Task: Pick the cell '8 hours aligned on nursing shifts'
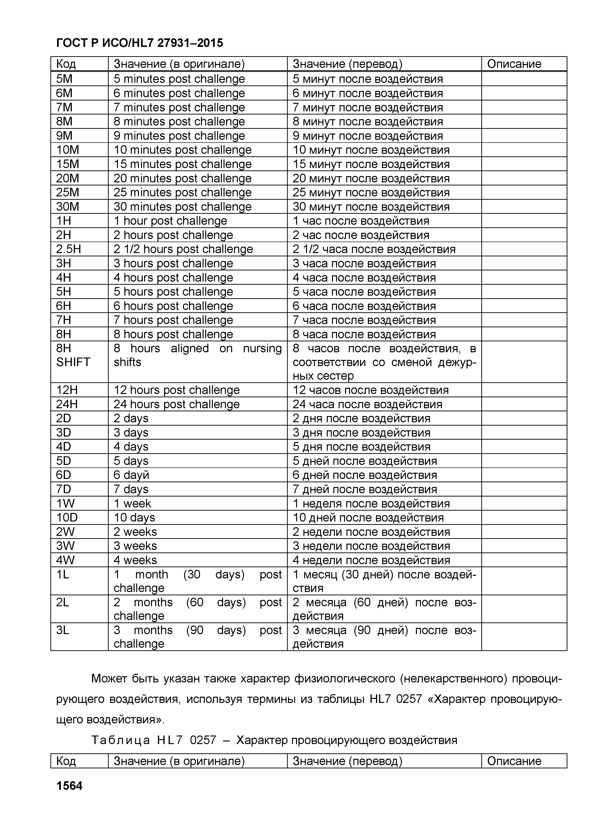(197, 355)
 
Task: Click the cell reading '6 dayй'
(131, 475)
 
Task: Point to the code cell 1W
(65, 503)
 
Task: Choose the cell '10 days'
(134, 517)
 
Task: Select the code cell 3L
(63, 630)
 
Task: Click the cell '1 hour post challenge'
(170, 221)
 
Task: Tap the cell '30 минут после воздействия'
(371, 207)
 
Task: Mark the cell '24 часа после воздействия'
(367, 404)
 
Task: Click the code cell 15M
(68, 164)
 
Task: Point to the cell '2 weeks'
(135, 532)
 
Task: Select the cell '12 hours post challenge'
(176, 390)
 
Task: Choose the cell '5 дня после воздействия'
(361, 447)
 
